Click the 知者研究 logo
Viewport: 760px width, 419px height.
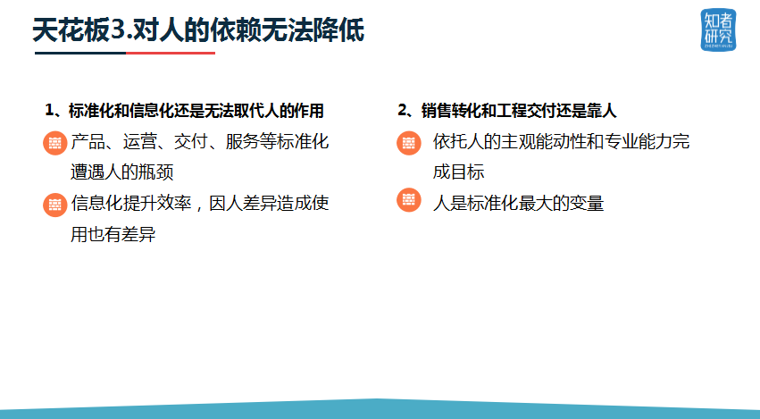(718, 29)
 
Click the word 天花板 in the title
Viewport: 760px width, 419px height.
(71, 30)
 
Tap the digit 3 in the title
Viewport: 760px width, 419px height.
(118, 30)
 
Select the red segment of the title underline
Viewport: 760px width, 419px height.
(171, 53)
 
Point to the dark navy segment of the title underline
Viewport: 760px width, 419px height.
(80, 53)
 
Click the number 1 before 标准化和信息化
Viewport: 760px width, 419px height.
(49, 110)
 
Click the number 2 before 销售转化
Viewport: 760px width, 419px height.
(402, 110)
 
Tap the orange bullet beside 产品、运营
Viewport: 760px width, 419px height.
(54, 143)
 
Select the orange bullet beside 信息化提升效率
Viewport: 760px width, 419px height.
(54, 205)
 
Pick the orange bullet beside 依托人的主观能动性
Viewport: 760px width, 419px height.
(409, 143)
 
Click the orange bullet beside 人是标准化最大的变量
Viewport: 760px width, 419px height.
(409, 200)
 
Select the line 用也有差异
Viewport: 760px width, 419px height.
(113, 234)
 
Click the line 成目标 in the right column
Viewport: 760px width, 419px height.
(458, 172)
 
